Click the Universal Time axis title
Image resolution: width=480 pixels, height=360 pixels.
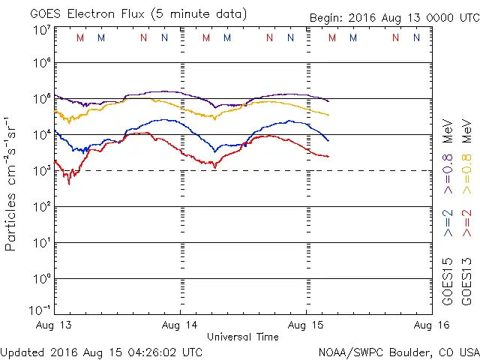243,337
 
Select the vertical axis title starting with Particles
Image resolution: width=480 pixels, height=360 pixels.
12,183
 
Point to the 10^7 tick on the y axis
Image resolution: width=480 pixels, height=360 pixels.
41,29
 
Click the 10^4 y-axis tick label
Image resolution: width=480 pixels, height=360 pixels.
41,135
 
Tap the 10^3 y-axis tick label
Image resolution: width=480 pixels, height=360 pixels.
41,171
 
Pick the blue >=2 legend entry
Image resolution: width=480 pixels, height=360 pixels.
448,223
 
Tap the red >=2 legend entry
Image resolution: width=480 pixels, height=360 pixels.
467,223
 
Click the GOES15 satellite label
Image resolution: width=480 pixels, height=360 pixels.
448,280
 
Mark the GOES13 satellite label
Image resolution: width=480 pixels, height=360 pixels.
467,280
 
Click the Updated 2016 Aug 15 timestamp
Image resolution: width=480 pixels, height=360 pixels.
101,351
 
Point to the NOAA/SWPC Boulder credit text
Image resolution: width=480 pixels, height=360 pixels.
398,351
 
